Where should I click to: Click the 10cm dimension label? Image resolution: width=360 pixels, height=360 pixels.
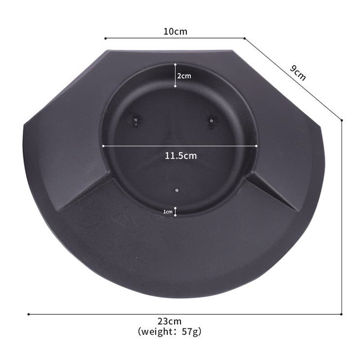(x=176, y=32)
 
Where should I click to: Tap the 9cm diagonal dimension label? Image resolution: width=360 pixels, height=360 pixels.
(x=298, y=73)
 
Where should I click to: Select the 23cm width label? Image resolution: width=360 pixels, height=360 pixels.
(x=169, y=321)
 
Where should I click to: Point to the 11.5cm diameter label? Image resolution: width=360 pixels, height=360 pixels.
(x=180, y=156)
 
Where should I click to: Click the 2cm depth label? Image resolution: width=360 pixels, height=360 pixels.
(x=184, y=76)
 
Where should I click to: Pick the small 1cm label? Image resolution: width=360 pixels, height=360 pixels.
(x=168, y=212)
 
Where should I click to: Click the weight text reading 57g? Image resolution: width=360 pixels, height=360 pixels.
(x=169, y=331)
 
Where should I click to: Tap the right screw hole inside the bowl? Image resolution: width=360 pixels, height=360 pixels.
(x=211, y=121)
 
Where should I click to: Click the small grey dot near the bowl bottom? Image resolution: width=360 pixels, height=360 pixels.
(x=177, y=190)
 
